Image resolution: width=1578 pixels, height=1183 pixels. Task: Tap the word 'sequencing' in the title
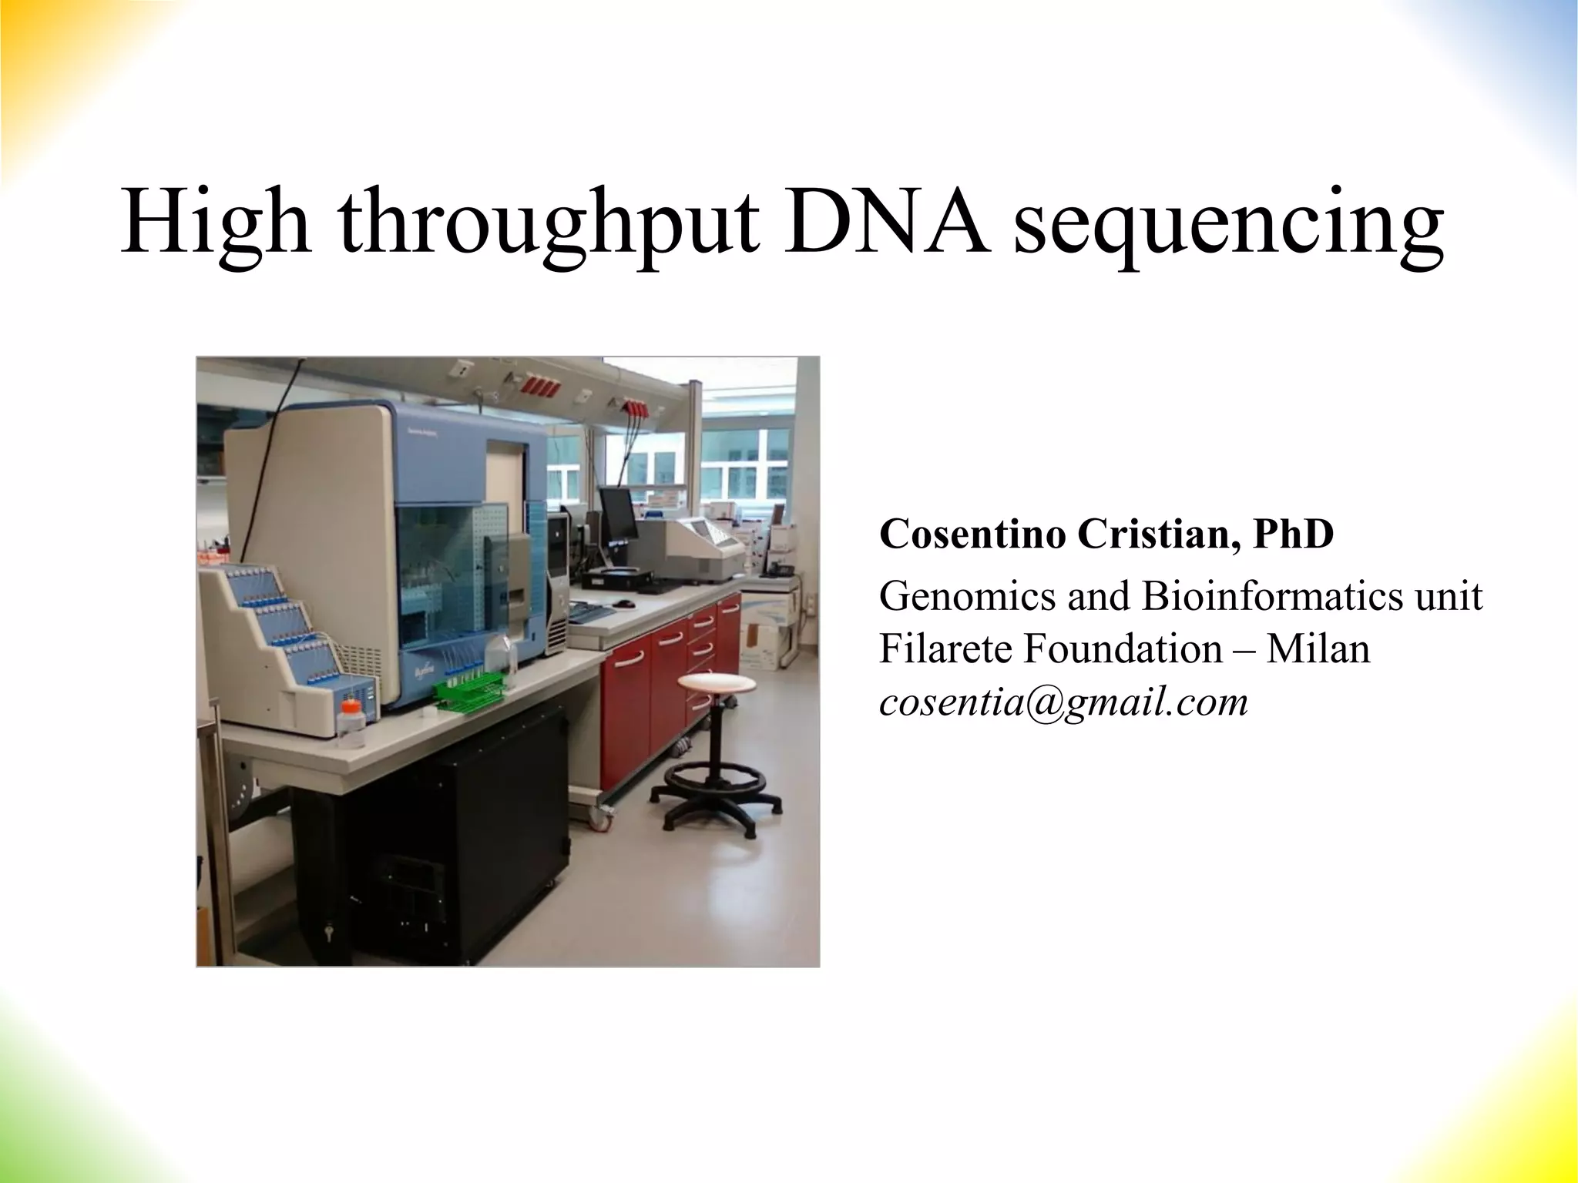pos(1228,228)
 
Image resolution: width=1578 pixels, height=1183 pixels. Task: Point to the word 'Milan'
pos(1318,648)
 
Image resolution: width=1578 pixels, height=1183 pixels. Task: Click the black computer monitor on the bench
pos(618,514)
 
